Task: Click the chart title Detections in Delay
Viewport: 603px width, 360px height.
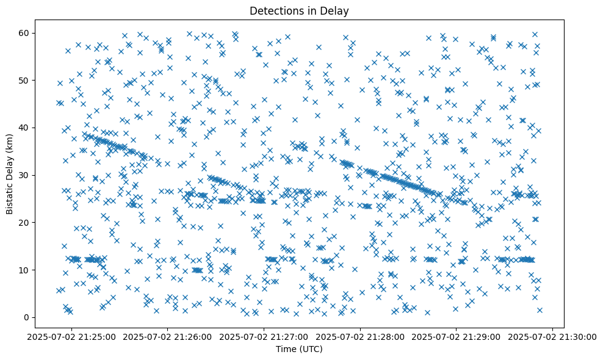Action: pyautogui.click(x=299, y=10)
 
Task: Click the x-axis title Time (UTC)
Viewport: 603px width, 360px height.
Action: pyautogui.click(x=299, y=350)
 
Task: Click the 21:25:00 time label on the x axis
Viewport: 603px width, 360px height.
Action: pyautogui.click(x=71, y=337)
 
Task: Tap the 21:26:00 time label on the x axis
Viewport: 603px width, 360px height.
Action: pyautogui.click(x=167, y=337)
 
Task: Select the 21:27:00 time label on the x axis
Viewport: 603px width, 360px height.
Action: pyautogui.click(x=264, y=337)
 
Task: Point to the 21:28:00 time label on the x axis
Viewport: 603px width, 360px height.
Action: pyautogui.click(x=360, y=337)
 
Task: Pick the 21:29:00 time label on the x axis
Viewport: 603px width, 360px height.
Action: pyautogui.click(x=457, y=337)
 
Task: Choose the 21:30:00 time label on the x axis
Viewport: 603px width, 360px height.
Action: pyautogui.click(x=553, y=337)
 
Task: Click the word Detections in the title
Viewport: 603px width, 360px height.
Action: pyautogui.click(x=276, y=10)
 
